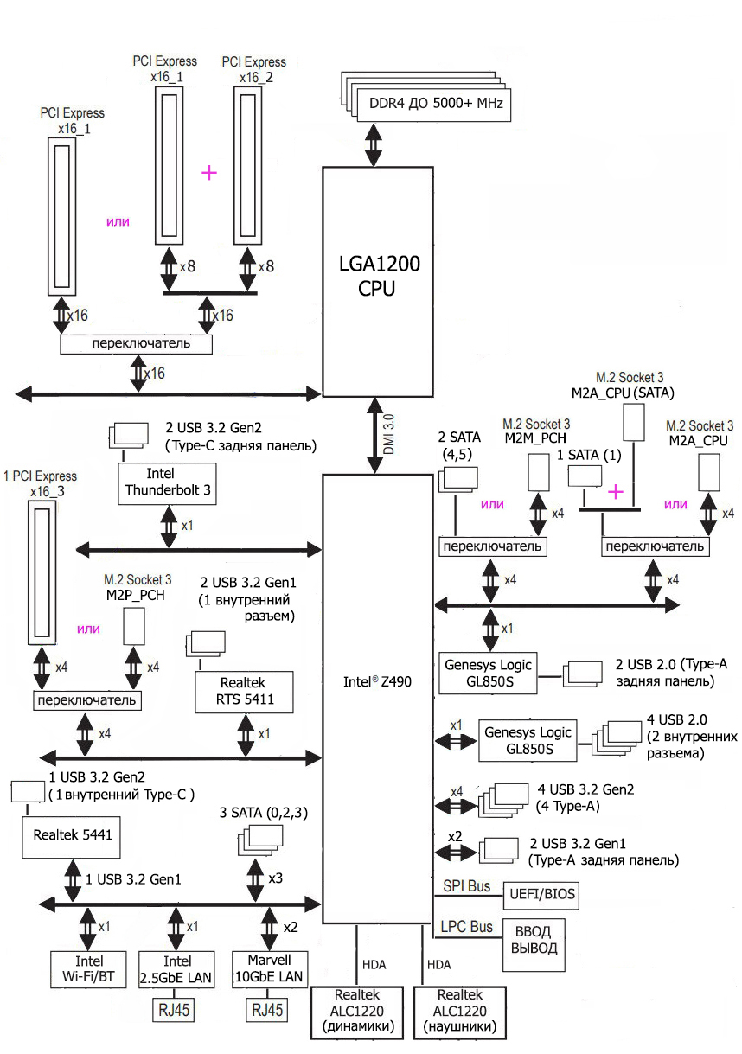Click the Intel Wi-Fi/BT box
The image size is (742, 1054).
click(x=89, y=970)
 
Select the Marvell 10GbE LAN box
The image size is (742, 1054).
click(x=267, y=970)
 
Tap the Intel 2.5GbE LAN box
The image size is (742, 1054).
click(x=176, y=970)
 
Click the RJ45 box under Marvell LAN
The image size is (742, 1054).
click(x=267, y=1008)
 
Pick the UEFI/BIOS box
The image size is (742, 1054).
click(x=542, y=894)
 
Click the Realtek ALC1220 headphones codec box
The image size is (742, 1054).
click(x=459, y=1012)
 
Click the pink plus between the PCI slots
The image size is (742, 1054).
click(x=208, y=172)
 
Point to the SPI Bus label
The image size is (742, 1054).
click(x=467, y=886)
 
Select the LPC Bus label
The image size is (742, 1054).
click(x=467, y=926)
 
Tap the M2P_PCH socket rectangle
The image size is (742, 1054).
click(x=133, y=624)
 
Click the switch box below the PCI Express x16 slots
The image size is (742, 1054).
click(x=137, y=344)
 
